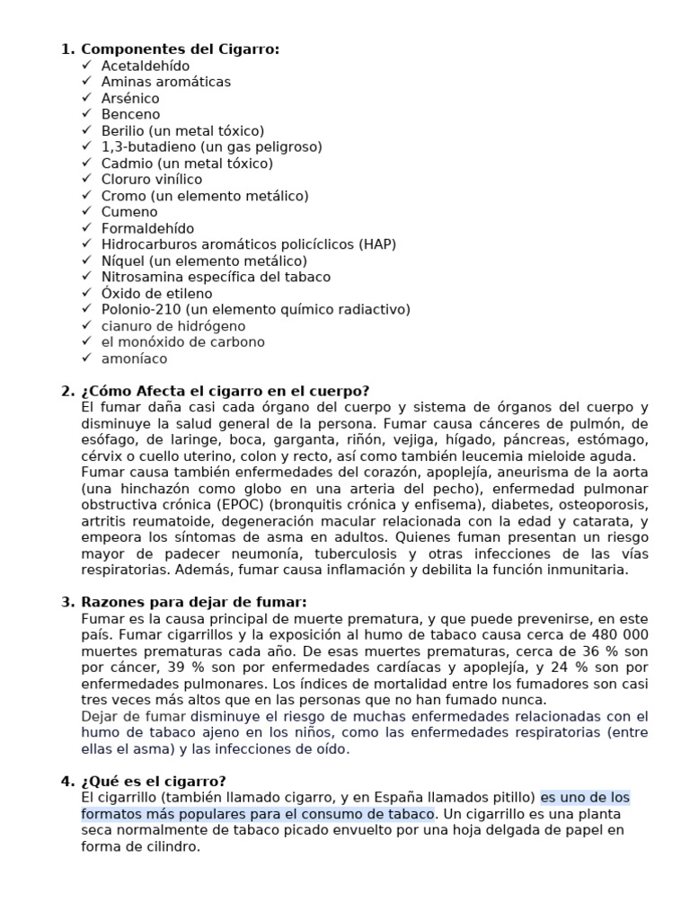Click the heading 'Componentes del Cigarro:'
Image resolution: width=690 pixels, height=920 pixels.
[181, 49]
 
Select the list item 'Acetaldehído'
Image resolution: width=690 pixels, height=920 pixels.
[146, 66]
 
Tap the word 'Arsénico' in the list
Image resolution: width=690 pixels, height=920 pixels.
[130, 98]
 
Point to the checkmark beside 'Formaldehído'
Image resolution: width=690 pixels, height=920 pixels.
[86, 228]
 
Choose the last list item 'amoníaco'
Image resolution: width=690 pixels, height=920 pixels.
[134, 358]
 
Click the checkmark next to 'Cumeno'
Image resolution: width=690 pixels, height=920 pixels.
[86, 212]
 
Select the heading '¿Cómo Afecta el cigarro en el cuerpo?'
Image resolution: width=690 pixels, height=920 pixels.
[225, 391]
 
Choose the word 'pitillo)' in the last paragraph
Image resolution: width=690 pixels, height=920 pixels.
[510, 797]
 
